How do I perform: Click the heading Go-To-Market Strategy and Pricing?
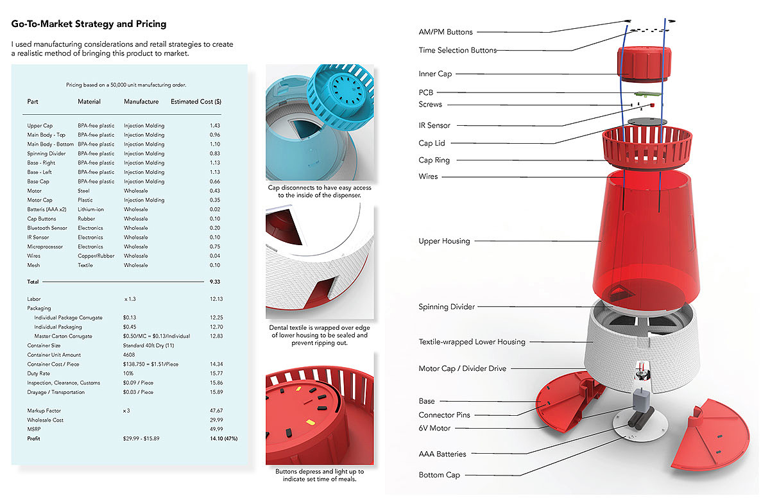pyautogui.click(x=89, y=24)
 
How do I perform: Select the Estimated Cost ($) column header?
pyautogui.click(x=196, y=101)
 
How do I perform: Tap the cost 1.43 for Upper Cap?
pyautogui.click(x=215, y=126)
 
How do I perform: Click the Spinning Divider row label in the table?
pyautogui.click(x=46, y=153)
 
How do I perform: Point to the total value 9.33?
pyautogui.click(x=215, y=282)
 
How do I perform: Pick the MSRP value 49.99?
pyautogui.click(x=215, y=429)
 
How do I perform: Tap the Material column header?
pyautogui.click(x=89, y=101)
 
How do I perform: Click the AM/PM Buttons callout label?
pyautogui.click(x=445, y=32)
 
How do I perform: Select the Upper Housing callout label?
pyautogui.click(x=444, y=241)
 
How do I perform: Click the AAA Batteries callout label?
pyautogui.click(x=442, y=454)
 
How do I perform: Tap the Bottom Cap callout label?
pyautogui.click(x=440, y=475)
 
